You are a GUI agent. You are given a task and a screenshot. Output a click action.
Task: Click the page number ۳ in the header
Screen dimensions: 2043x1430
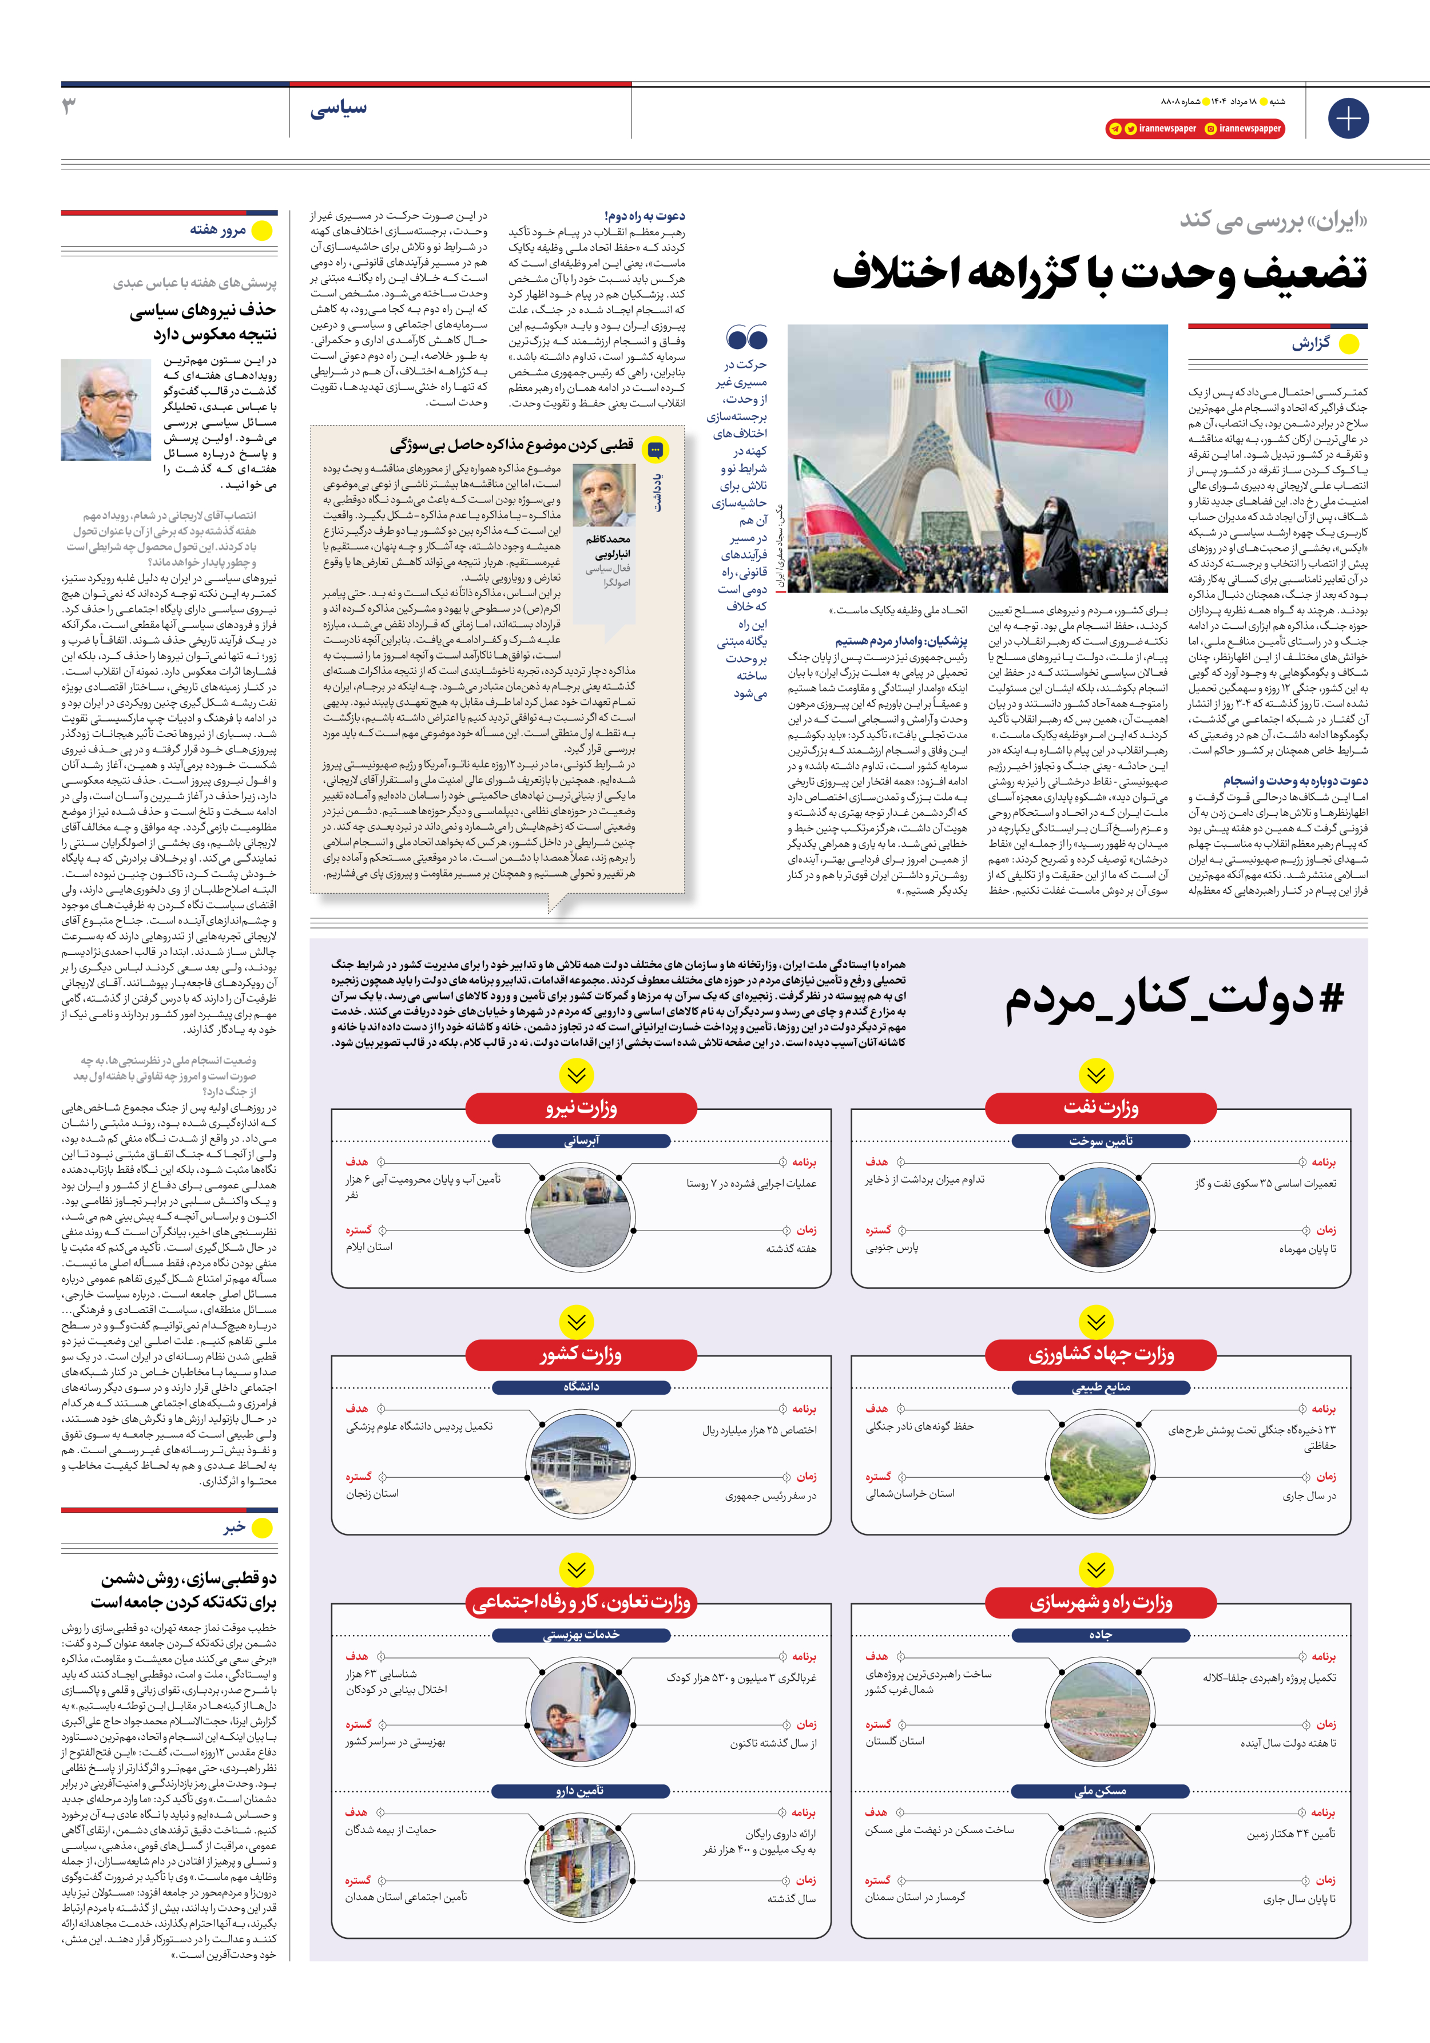[x=69, y=107]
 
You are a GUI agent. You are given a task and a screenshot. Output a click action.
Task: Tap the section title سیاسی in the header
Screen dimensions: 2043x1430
[x=338, y=109]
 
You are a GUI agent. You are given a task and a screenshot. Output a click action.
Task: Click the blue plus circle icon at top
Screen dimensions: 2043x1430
[x=1348, y=118]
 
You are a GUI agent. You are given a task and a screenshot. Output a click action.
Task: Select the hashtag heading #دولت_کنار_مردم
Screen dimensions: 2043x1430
[x=1175, y=999]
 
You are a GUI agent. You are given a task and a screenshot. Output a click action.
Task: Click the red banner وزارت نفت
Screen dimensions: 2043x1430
[x=1101, y=1108]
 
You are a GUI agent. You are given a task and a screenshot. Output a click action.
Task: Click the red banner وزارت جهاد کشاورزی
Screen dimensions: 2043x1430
[x=1101, y=1354]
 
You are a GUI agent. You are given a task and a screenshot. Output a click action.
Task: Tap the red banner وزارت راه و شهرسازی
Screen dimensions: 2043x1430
[x=1101, y=1602]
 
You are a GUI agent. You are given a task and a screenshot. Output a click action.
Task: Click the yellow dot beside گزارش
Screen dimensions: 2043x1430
[x=1349, y=344]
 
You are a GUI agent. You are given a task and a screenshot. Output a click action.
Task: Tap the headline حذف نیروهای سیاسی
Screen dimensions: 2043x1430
[x=203, y=311]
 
